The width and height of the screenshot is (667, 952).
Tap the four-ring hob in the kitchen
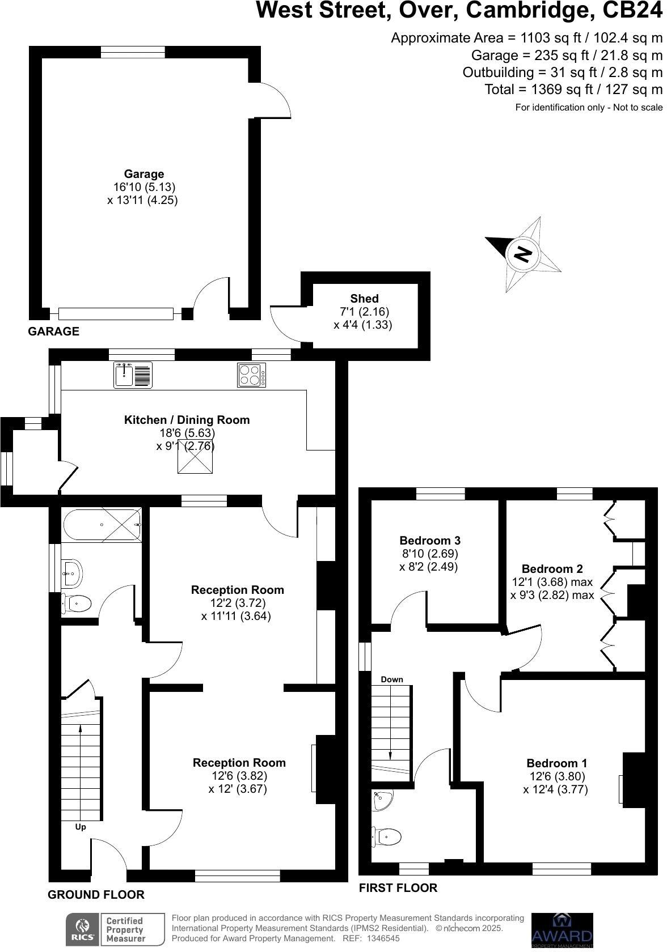[x=252, y=375]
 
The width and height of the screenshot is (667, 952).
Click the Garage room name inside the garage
[x=144, y=174]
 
